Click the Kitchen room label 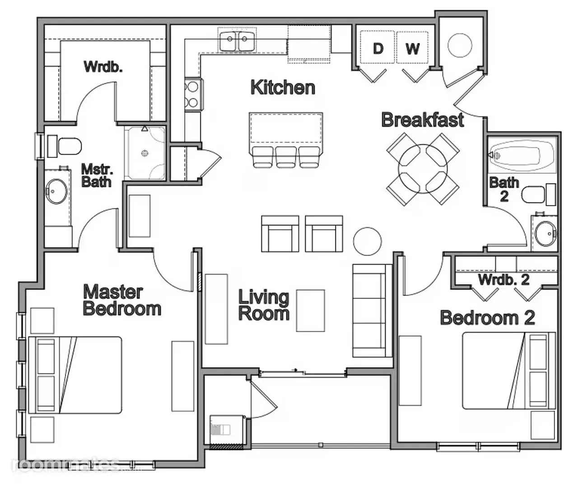click(283, 88)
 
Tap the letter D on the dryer click(378, 49)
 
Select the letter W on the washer click(412, 49)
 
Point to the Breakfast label click(422, 120)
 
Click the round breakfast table click(422, 169)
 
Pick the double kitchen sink click(237, 41)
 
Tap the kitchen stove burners click(193, 95)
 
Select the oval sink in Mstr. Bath click(56, 191)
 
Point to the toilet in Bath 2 click(539, 195)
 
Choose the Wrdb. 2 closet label click(504, 280)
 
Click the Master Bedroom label click(122, 300)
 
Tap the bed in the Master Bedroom click(75, 375)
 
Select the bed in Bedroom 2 click(509, 371)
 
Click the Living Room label click(264, 305)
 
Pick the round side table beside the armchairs click(367, 241)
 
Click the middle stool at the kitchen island click(286, 157)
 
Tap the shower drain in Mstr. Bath click(144, 153)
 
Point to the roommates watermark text click(65, 465)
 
